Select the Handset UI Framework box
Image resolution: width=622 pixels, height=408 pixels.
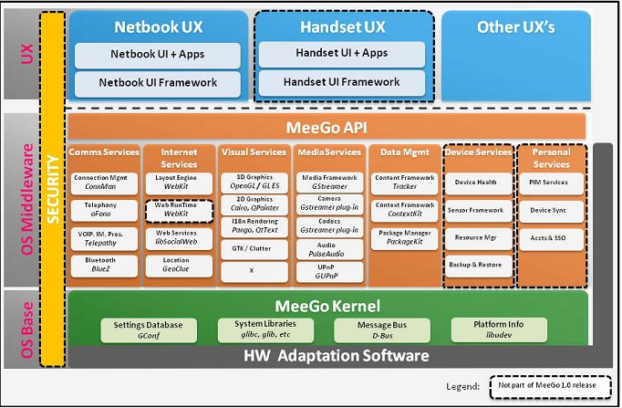341,83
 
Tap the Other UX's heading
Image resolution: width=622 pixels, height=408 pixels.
515,27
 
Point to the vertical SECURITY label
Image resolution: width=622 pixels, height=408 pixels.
52,186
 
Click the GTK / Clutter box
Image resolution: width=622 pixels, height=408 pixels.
254,247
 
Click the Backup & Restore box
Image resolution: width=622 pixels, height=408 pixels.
476,265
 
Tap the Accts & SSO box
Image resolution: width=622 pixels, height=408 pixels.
549,237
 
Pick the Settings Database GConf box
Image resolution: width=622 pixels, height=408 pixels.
149,330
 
